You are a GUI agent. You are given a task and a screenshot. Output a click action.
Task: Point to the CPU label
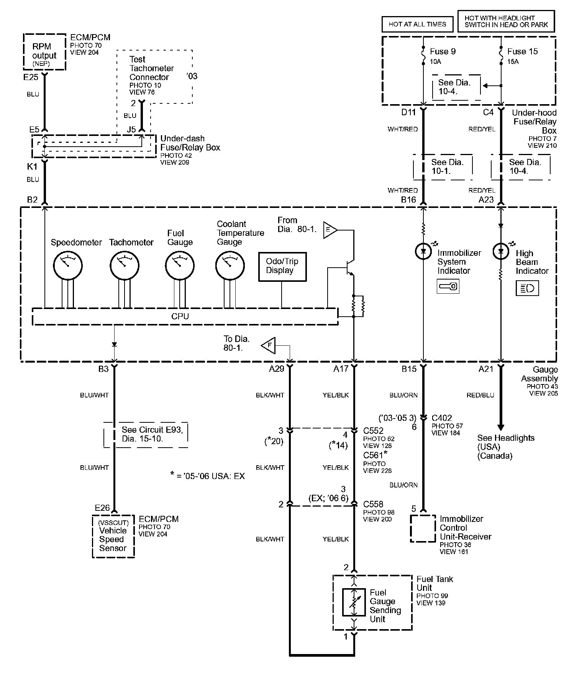180,316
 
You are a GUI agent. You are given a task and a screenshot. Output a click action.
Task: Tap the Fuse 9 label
443,51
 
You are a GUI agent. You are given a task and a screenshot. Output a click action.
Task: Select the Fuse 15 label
523,51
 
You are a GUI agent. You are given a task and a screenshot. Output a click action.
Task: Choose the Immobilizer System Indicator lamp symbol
423,251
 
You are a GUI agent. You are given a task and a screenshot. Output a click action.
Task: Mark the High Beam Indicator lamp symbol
500,251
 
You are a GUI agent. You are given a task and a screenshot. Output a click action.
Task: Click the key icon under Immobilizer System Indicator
448,286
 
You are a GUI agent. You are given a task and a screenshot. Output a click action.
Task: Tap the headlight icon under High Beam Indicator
527,288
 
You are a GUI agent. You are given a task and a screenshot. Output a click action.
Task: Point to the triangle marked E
330,230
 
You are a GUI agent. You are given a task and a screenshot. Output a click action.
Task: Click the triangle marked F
268,346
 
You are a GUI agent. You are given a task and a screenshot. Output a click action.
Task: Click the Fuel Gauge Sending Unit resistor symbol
354,602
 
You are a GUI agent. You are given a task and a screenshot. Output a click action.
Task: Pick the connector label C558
373,504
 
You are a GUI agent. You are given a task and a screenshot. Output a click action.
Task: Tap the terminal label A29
277,369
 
